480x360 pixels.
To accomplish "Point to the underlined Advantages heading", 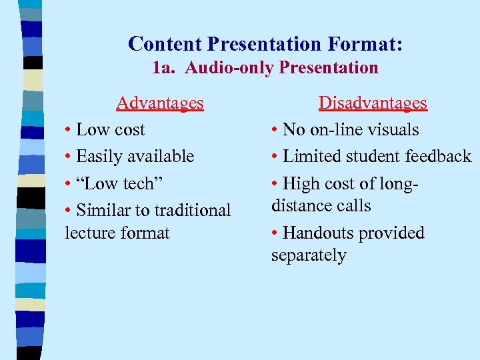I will click(x=160, y=103).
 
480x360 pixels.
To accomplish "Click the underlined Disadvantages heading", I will click(x=373, y=103).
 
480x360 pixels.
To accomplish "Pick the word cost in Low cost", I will click(x=129, y=129).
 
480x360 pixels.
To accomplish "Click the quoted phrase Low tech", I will click(x=115, y=183).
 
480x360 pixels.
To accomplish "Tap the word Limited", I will click(x=309, y=156).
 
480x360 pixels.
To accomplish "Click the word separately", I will click(x=309, y=255).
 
